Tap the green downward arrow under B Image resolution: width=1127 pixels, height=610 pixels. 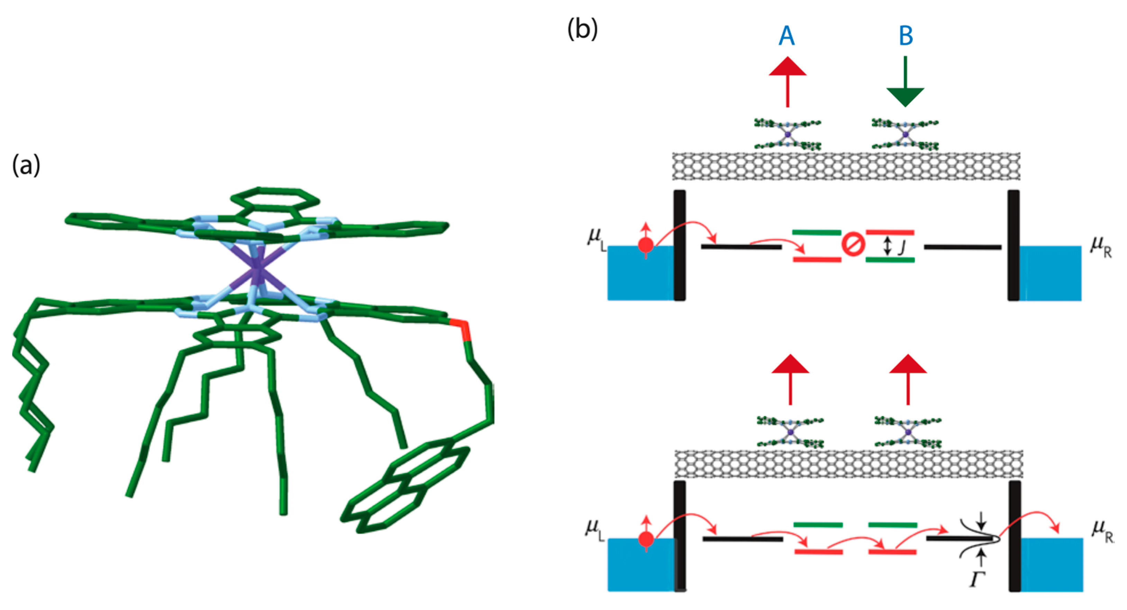905,83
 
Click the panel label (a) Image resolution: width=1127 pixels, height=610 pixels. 26,166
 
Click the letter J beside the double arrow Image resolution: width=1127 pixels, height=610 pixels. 902,248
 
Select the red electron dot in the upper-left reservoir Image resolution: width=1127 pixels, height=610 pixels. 646,245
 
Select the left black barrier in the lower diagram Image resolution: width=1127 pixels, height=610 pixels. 680,536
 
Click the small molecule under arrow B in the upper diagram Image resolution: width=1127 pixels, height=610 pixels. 905,134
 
